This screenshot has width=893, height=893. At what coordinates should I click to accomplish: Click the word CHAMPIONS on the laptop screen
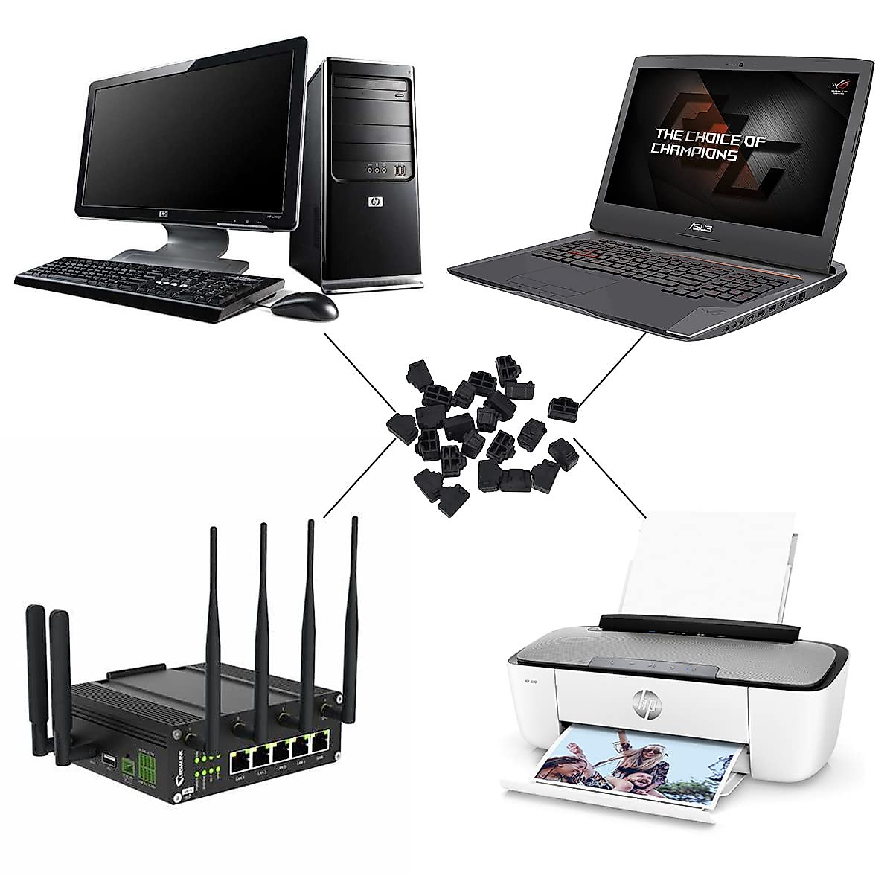coord(694,153)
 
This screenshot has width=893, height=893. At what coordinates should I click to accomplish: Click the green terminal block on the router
coord(129,764)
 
